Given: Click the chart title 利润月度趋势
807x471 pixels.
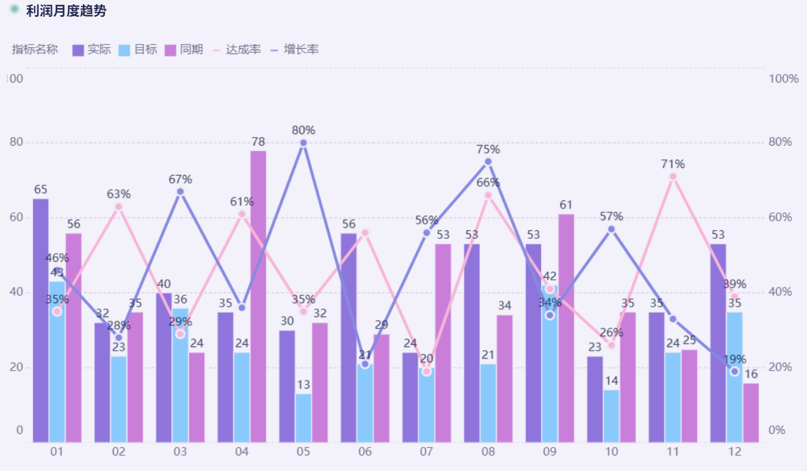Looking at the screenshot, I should pos(66,11).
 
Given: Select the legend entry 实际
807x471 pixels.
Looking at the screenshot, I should pos(91,50).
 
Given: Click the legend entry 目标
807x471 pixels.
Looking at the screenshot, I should pos(138,50).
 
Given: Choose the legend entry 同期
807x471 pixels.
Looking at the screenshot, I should pos(184,50).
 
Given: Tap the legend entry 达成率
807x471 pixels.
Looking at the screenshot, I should pos(237,50).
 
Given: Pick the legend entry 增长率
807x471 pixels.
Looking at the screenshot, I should pos(295,50).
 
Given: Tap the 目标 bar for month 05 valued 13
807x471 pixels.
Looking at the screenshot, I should pos(304,417).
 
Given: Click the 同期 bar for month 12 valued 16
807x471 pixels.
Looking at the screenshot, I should pos(751,412).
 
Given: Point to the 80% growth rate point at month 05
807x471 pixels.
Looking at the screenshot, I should pos(303,143).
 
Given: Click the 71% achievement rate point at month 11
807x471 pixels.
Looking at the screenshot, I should pos(673,177).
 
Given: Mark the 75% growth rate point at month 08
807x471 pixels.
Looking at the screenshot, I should pos(488,162).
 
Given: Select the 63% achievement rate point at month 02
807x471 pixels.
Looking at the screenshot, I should pos(118,207).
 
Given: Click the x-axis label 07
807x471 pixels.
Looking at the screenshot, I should pos(426,452).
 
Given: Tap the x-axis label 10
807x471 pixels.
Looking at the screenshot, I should pos(612,452).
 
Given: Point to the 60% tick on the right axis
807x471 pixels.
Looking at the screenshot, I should pos(784,217).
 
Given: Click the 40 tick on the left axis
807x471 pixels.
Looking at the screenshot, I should pos(16,292).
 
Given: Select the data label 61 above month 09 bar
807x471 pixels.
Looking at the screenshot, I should pos(566,205).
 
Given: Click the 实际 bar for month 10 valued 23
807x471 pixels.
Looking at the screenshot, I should pos(595,399).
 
